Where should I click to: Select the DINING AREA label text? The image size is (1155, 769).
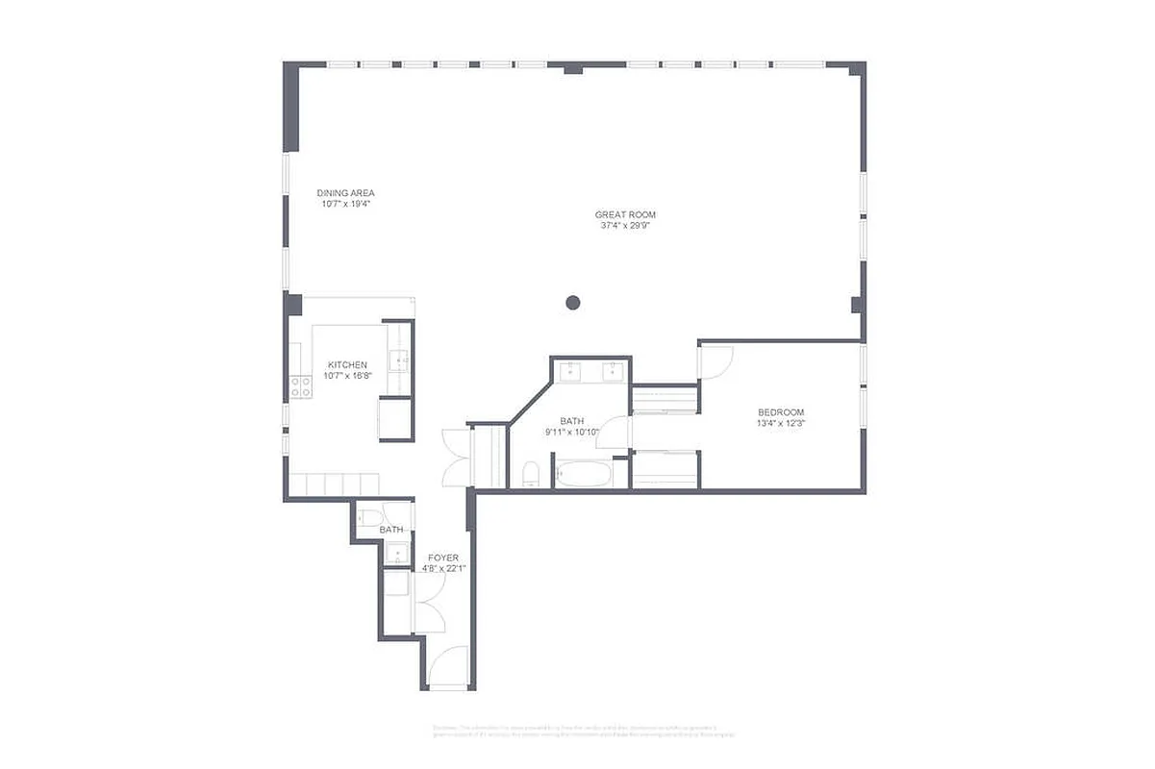(x=345, y=193)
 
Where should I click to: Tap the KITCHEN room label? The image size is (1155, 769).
(x=347, y=364)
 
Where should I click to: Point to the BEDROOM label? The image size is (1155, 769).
(x=780, y=412)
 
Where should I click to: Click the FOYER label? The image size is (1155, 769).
(x=443, y=558)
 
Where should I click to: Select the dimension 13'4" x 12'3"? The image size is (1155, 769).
(x=780, y=424)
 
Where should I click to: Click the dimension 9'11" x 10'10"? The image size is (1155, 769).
(x=572, y=432)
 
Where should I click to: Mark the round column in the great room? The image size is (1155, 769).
(x=573, y=303)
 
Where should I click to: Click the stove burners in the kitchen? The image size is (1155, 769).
(x=301, y=386)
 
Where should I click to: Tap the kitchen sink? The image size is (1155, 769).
(x=398, y=361)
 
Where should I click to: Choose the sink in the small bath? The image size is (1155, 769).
(x=396, y=554)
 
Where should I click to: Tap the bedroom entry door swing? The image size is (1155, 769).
(x=716, y=360)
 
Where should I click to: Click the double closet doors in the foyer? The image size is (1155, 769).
(x=429, y=602)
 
